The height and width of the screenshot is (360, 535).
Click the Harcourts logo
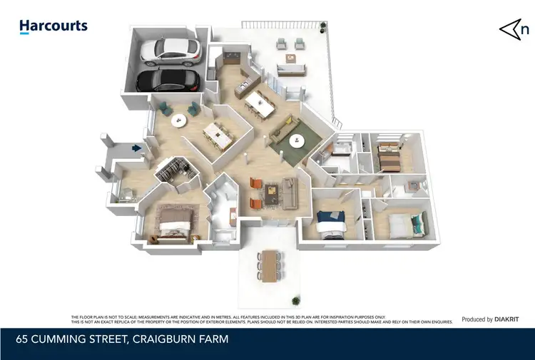click(53, 27)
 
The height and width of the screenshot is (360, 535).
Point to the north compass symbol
click(514, 29)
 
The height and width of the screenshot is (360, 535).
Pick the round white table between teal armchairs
click(178, 119)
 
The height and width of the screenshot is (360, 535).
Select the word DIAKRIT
click(509, 319)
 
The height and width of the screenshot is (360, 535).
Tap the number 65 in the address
click(22, 339)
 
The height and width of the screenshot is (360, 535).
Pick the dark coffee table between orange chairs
click(271, 192)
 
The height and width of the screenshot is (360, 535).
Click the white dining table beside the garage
click(216, 134)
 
